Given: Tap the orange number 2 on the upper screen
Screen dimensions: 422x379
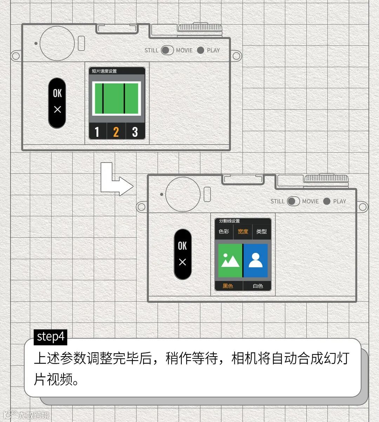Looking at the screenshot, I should [x=116, y=132].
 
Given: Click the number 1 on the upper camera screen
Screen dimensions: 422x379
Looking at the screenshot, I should [x=97, y=132].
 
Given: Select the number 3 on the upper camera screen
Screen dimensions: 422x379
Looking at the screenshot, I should [x=135, y=132].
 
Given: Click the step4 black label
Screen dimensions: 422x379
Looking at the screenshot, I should [x=51, y=337].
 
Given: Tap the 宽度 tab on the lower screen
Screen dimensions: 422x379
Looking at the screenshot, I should [x=243, y=231].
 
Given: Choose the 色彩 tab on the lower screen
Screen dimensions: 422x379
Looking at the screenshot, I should [x=224, y=231].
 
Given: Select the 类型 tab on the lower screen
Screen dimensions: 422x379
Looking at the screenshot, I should [x=261, y=231].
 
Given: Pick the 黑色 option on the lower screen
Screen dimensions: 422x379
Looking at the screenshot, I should [x=228, y=286].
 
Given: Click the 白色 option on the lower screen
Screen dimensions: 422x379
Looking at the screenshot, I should [x=258, y=286].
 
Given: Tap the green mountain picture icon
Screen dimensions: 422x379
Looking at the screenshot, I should [x=230, y=261].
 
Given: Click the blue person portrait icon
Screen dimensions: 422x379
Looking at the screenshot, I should [x=256, y=261].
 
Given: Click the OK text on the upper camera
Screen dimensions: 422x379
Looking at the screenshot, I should [x=57, y=93].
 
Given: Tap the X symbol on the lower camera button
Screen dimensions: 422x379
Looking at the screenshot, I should [x=182, y=262].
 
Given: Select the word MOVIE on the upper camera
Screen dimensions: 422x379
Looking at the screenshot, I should [x=184, y=50].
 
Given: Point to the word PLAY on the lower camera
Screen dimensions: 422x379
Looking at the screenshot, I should [x=339, y=202].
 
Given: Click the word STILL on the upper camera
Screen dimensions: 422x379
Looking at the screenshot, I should [x=151, y=50].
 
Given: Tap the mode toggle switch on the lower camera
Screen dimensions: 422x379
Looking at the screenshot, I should [x=293, y=201].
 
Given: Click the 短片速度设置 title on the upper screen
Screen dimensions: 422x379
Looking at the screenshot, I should [x=104, y=71].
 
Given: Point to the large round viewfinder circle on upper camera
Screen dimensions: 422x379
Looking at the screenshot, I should [x=57, y=43].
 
